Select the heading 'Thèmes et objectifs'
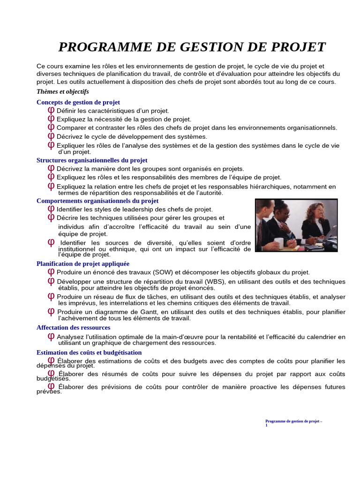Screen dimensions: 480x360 click(x=62, y=92)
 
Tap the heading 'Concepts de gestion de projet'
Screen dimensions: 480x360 click(x=78, y=102)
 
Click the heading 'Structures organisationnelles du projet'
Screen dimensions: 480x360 click(x=92, y=160)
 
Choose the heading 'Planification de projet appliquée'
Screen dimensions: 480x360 click(x=82, y=264)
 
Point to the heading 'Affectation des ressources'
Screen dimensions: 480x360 click(x=73, y=328)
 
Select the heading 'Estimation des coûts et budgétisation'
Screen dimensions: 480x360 click(x=89, y=352)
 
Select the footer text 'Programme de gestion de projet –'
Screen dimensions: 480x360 click(x=293, y=421)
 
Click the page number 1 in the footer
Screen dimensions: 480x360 click(x=266, y=425)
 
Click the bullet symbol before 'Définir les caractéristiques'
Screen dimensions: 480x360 click(x=51, y=111)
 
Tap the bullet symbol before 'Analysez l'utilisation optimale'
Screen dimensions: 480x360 click(x=51, y=337)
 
